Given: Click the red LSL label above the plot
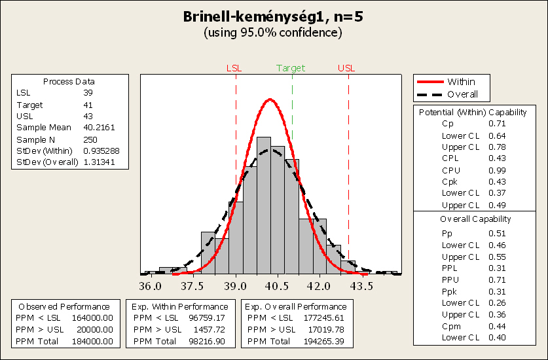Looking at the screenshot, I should (x=234, y=68).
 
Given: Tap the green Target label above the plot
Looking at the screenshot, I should (x=291, y=68).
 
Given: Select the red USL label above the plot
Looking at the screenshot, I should (x=346, y=68).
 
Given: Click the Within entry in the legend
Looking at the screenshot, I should (x=461, y=82).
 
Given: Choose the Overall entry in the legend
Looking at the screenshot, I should (x=462, y=94).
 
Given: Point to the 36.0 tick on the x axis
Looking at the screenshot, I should (x=151, y=286).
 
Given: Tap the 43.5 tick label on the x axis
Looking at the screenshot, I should (x=362, y=286).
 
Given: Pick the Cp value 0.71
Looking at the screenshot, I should (x=496, y=123).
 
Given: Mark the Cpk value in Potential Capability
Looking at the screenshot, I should (x=496, y=181).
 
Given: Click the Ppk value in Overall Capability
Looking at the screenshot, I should (x=496, y=291).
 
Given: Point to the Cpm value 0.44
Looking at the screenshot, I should (x=496, y=326).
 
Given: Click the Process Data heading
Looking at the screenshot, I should (x=69, y=82).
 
